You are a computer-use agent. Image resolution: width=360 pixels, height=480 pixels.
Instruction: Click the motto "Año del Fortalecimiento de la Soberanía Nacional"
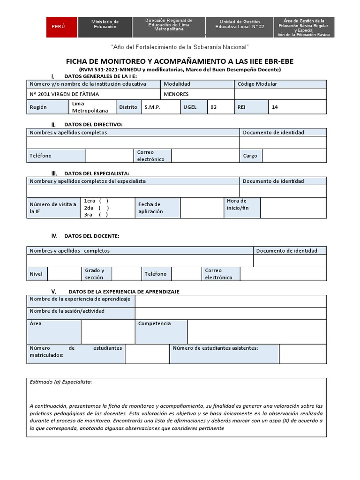(x=180, y=47)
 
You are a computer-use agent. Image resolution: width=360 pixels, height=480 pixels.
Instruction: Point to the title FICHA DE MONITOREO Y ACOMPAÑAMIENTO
(x=180, y=61)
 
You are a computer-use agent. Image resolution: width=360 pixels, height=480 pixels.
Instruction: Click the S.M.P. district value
(x=152, y=107)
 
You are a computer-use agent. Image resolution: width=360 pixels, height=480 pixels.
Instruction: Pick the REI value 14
(x=275, y=107)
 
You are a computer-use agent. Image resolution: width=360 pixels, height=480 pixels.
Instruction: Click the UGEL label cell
(x=190, y=107)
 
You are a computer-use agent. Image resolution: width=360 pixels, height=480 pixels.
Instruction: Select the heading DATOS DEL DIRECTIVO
(x=93, y=124)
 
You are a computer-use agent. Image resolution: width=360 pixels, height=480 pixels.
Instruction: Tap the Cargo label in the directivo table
(x=250, y=156)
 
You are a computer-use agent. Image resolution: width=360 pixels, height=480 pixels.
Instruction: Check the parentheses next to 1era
(x=104, y=201)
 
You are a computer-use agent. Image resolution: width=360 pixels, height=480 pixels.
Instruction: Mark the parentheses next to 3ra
(x=104, y=215)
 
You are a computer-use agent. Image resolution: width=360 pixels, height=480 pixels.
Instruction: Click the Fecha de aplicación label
(x=150, y=208)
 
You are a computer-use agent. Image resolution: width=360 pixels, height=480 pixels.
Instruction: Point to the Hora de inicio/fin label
(x=238, y=204)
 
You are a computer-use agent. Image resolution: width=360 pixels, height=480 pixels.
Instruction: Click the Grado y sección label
(x=95, y=274)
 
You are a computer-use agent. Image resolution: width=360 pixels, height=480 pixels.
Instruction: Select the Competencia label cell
(x=155, y=323)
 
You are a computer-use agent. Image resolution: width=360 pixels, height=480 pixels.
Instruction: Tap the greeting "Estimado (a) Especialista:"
(x=61, y=382)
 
